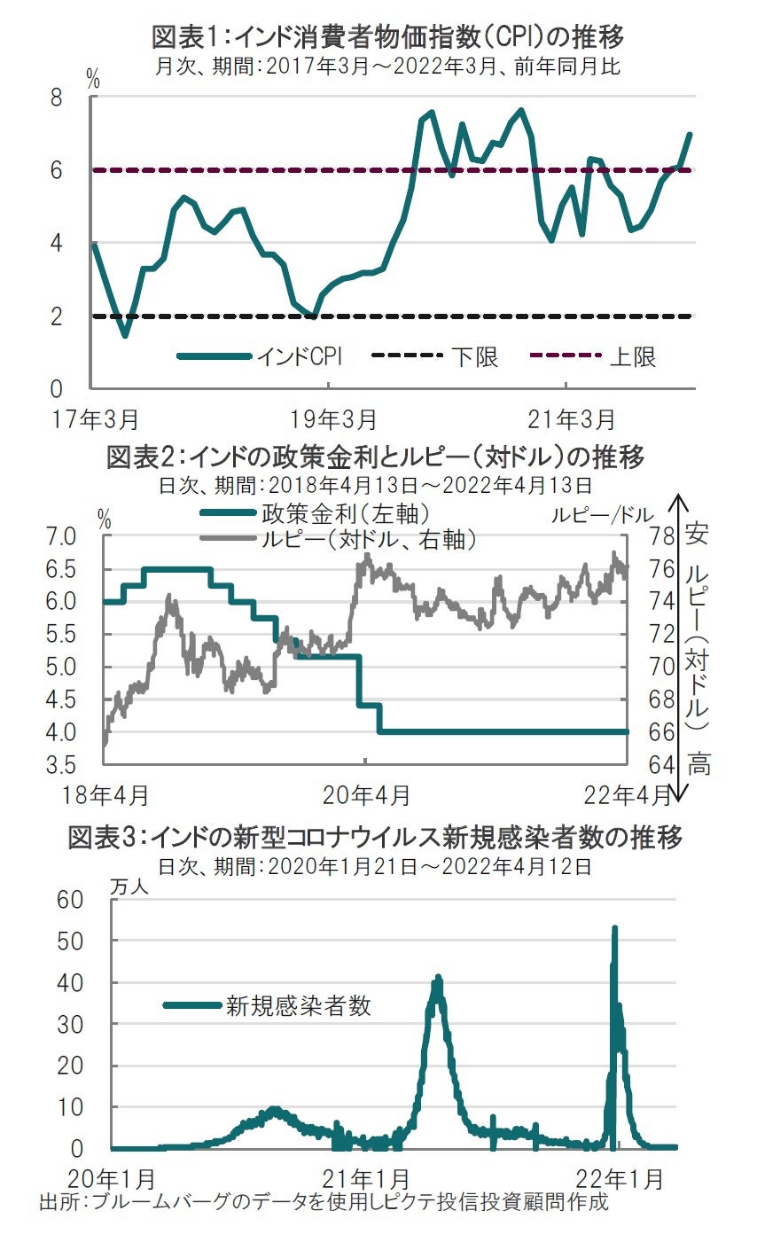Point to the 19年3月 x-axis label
(x=330, y=416)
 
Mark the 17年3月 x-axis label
(x=94, y=416)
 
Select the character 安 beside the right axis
(x=698, y=535)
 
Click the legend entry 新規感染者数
(x=297, y=1005)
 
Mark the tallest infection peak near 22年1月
(x=614, y=929)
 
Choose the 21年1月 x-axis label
(x=365, y=1179)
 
